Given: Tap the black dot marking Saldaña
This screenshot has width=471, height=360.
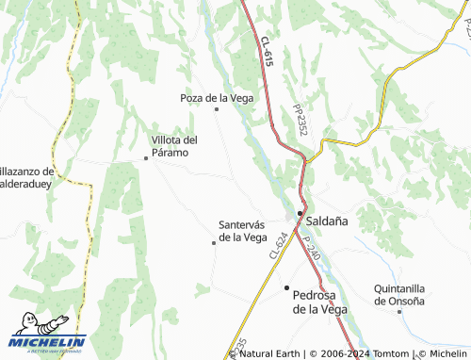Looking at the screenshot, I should pos(300,214).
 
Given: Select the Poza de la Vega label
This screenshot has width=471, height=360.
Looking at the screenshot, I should pos(218,97).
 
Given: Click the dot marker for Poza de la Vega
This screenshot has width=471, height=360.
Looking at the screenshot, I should pos(218,109).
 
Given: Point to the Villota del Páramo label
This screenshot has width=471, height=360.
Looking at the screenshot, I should pos(174,146).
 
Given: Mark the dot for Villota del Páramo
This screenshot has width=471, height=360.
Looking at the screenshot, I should pos(146,158).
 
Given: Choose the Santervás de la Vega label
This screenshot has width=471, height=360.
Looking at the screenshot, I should pos(243,231).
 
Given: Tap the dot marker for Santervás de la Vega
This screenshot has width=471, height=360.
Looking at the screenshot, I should pos(214,243).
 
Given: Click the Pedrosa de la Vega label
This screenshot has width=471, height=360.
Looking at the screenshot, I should pos(320,301).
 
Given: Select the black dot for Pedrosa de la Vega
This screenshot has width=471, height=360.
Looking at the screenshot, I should pos(286,287).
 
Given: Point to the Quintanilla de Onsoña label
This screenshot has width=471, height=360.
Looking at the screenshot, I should pos(400,294).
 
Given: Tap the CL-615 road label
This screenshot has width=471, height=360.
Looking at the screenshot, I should pos(267,51).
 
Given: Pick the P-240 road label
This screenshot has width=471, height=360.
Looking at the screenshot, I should pos(313,248).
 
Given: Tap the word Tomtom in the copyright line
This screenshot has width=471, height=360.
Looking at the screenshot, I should pos(386,353).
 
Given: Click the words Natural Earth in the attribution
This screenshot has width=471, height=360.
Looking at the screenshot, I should pos(268,353).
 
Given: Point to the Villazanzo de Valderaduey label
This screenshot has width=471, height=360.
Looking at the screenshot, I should pos(28,177).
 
